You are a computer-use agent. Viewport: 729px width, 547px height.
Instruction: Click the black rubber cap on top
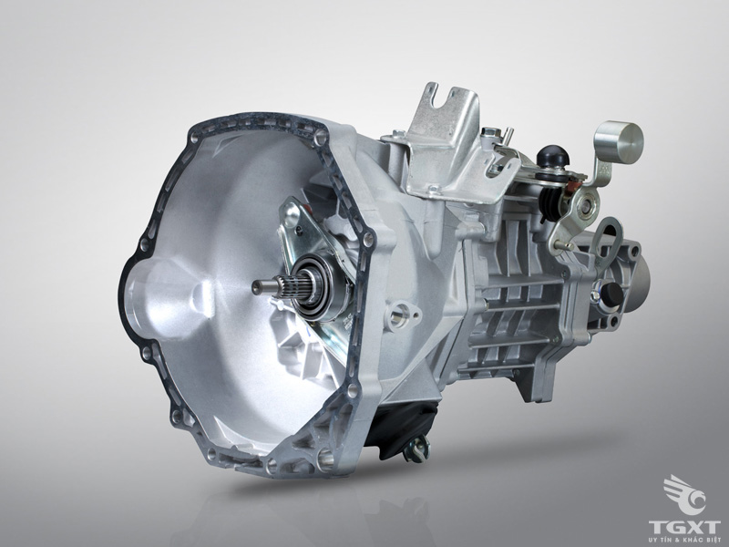(x=549, y=157)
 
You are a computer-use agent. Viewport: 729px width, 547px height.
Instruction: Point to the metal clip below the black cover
(x=417, y=447)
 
